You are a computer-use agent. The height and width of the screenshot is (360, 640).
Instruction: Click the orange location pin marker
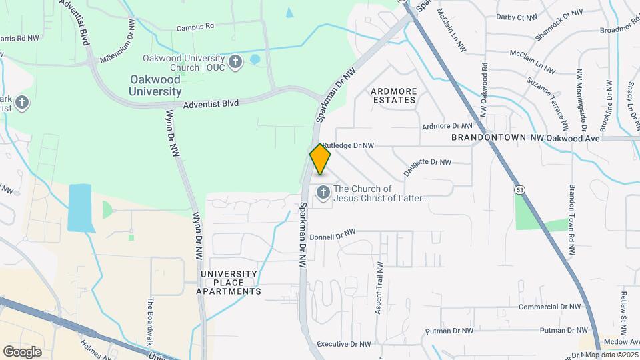[x=321, y=159]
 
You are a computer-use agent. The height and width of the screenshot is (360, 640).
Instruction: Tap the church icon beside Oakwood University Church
[x=235, y=63]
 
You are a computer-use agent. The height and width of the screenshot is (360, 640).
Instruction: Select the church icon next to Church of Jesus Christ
[x=323, y=193]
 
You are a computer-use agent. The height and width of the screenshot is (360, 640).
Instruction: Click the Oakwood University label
[x=155, y=85]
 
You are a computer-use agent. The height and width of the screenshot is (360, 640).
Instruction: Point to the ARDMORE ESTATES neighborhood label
[x=393, y=95]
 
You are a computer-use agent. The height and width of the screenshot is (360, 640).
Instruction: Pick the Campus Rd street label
[x=195, y=27]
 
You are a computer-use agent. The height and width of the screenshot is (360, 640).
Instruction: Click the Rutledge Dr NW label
[x=348, y=145]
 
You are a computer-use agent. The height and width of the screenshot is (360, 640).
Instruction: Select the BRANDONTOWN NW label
[x=497, y=137]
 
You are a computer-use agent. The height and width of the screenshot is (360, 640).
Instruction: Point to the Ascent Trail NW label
[x=380, y=279]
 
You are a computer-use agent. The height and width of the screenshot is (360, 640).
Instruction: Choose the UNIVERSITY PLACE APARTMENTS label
[x=229, y=283]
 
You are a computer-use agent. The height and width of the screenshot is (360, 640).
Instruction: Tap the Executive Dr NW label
[x=343, y=344]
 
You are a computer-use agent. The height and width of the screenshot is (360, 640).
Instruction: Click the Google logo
[x=22, y=351]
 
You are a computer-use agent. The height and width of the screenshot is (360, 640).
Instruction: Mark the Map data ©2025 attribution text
[x=612, y=355]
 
